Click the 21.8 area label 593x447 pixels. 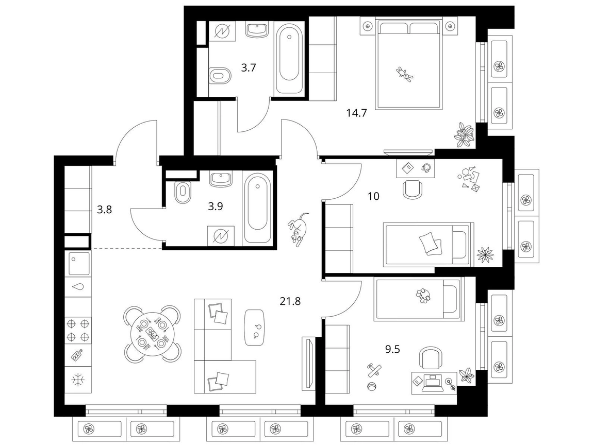(290, 301)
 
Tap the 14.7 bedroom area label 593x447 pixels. (357, 113)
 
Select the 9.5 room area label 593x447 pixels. (392, 349)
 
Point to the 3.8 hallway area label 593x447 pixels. (104, 209)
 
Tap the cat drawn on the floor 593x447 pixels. (299, 229)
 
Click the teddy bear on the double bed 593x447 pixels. (405, 73)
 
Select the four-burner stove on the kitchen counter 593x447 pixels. (78, 330)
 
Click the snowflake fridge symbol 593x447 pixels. (78, 380)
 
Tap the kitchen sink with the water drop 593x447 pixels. (78, 287)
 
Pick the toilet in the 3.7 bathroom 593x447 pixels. (219, 76)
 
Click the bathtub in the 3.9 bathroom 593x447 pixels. (257, 208)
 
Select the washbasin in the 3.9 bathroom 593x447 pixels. (220, 180)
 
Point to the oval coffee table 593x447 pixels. (254, 327)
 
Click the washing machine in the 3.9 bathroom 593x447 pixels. (221, 236)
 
